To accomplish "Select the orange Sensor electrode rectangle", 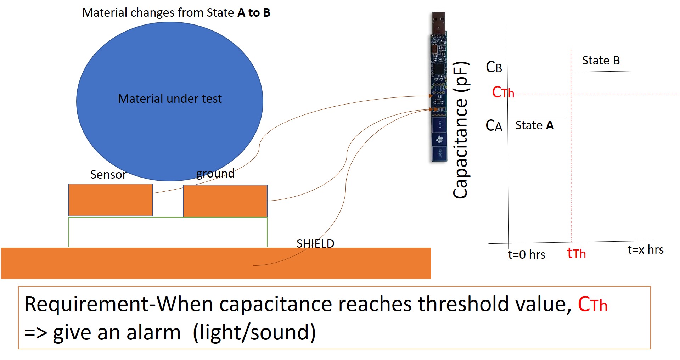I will click(111, 200).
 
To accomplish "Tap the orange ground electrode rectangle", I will click(225, 201).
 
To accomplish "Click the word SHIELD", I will click(315, 243).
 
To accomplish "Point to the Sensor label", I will click(108, 174).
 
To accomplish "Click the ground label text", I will click(215, 173).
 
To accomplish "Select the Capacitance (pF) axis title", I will click(461, 130).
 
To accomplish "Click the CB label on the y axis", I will click(494, 67).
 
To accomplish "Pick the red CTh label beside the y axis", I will click(502, 92).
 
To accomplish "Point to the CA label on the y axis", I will click(494, 125).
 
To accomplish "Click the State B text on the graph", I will click(601, 61).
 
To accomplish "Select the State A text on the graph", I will click(534, 125).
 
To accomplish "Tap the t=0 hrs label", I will click(526, 254).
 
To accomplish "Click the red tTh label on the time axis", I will click(576, 253).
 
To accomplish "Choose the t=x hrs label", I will click(645, 249).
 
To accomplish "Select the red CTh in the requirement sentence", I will click(592, 304).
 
